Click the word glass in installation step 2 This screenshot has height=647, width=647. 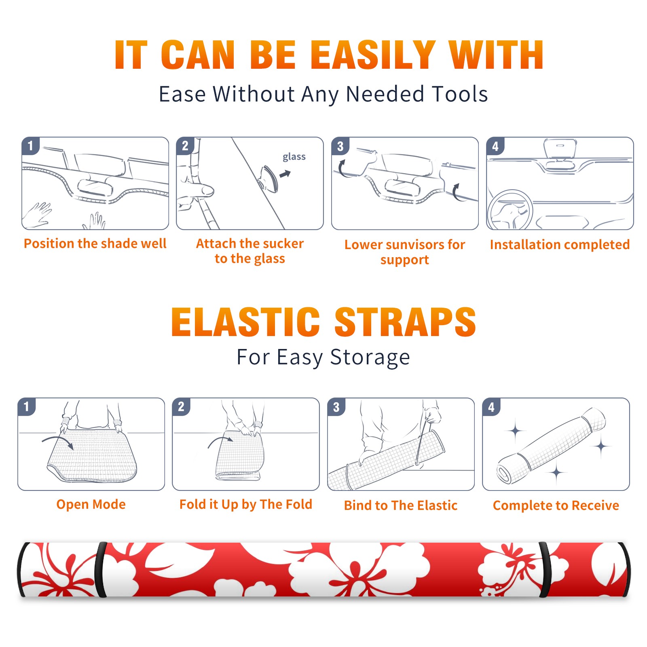coord(294,157)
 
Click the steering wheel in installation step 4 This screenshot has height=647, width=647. coord(510,210)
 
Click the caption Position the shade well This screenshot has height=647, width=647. coord(95,243)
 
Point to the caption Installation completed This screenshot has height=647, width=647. coord(560,244)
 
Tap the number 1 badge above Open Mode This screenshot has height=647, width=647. coord(27,406)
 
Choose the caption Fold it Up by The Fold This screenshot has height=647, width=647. coord(246,504)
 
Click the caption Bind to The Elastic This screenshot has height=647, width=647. coord(401,505)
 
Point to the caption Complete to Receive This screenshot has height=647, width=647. coord(556,505)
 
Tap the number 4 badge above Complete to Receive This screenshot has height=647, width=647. coord(491,406)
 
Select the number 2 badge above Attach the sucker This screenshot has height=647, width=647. coord(185,146)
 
